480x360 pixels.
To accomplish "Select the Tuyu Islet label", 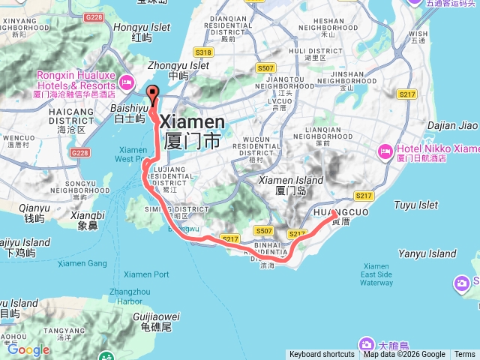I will (x=415, y=204).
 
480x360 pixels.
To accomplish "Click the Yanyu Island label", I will (x=427, y=254).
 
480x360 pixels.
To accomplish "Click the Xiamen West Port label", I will (x=131, y=154).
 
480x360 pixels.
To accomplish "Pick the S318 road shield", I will (x=204, y=52).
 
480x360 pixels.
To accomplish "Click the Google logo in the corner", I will (x=28, y=349).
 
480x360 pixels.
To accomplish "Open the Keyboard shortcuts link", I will (x=322, y=355).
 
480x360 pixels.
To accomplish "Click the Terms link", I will (x=465, y=355).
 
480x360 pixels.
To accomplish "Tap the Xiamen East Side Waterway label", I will (x=376, y=274).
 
